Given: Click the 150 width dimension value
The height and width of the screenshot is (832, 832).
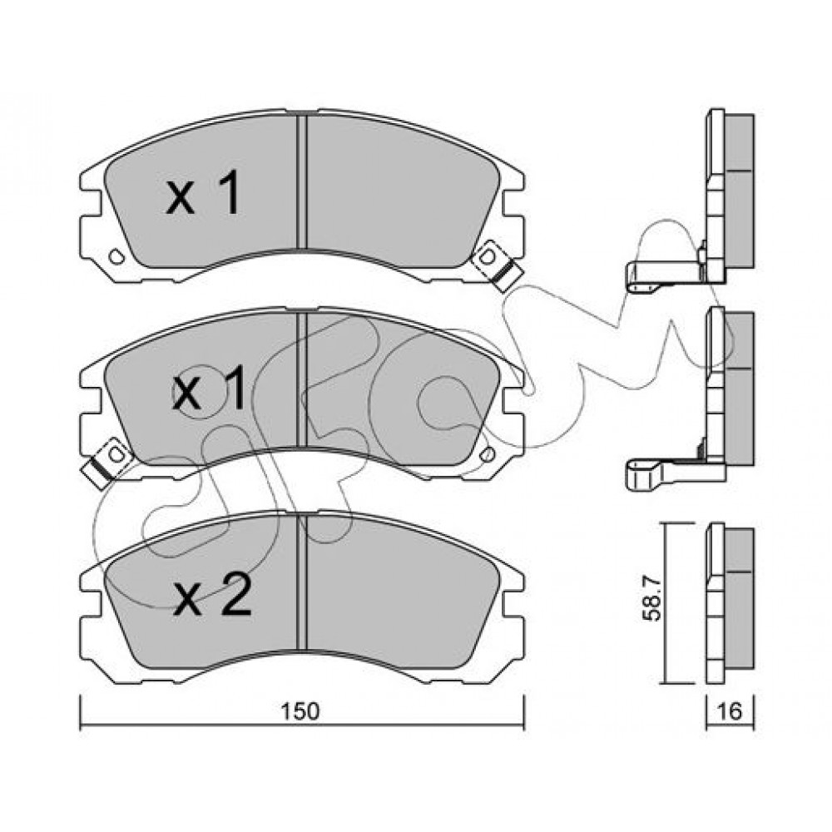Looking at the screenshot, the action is pos(300,711).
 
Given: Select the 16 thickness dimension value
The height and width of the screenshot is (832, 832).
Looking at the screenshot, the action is pos(729,711).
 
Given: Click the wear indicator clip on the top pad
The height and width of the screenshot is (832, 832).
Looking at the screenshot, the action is pos(496,265).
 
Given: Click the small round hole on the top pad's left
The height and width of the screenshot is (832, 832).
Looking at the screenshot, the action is pos(116,257).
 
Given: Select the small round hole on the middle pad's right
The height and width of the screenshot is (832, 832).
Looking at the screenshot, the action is pos(488,455).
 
